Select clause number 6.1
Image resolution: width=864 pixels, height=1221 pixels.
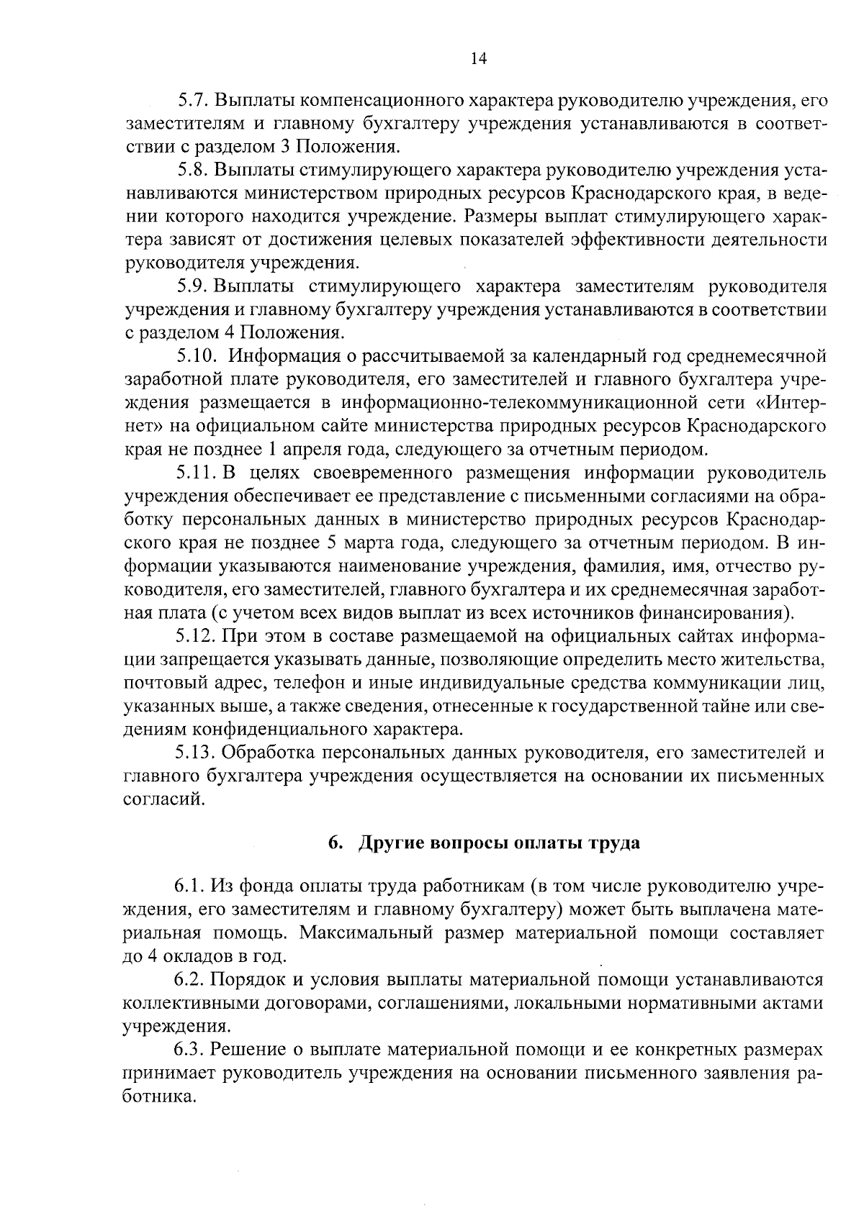pyautogui.click(x=188, y=886)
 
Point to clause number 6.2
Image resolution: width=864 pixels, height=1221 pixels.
pyautogui.click(x=188, y=980)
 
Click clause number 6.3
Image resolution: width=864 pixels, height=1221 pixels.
pyautogui.click(x=188, y=1050)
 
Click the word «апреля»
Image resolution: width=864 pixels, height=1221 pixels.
pyautogui.click(x=304, y=450)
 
